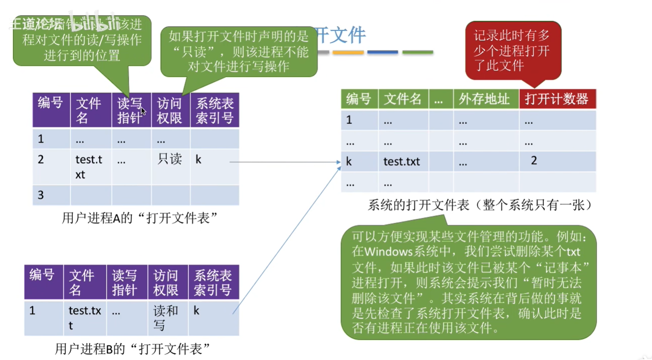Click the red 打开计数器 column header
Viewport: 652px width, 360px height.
pos(557,99)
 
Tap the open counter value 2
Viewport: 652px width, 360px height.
pos(534,161)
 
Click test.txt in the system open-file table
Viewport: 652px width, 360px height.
pos(402,162)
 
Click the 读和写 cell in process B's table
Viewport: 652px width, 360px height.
pos(165,317)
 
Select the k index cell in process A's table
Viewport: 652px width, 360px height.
pos(198,160)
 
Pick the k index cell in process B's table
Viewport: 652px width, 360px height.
pos(196,311)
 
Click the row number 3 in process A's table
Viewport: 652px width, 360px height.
pos(41,195)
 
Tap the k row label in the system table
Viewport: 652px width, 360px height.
pos(349,162)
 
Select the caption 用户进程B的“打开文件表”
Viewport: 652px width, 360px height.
pos(133,348)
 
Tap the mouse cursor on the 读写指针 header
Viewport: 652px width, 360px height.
pos(143,111)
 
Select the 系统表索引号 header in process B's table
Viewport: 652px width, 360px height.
pos(213,282)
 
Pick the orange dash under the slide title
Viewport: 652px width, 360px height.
pos(348,52)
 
